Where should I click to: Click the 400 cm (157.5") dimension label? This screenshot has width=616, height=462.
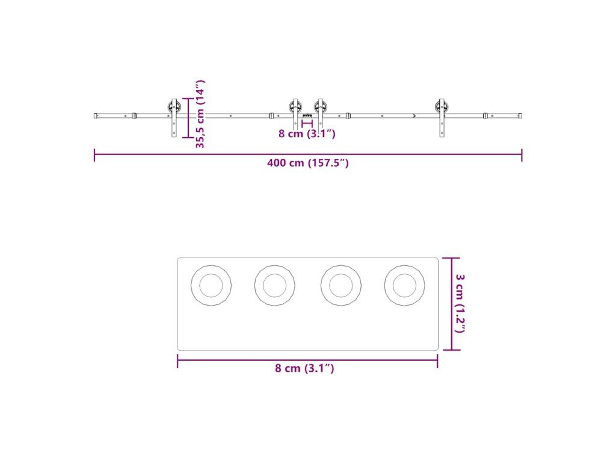coord(307,162)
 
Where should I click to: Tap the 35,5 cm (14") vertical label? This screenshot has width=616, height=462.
coord(200,114)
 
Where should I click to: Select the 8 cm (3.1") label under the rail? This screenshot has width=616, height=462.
coord(307,134)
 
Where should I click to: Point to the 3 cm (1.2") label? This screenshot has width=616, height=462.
coord(460,303)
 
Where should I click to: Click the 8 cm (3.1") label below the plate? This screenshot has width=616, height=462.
coord(304,368)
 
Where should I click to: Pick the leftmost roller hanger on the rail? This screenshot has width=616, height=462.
coord(174,117)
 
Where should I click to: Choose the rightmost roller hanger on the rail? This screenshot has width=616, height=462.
coord(442,117)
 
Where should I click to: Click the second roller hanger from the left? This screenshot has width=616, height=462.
coord(295,114)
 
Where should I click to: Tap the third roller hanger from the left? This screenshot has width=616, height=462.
coord(320,114)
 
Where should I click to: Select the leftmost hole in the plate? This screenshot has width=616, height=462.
coord(211,285)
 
